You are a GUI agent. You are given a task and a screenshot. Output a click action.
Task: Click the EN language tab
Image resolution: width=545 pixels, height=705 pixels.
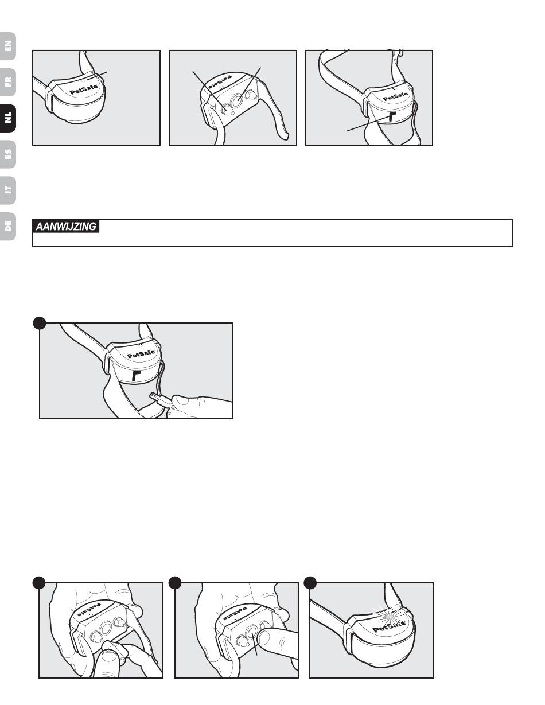pos(8,46)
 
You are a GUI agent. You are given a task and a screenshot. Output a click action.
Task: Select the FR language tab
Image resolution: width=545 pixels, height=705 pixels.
pos(8,82)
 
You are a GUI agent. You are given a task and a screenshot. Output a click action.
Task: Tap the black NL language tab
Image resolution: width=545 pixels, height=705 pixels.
pos(8,118)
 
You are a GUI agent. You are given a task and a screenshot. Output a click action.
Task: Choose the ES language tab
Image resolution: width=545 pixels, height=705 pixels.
pos(8,154)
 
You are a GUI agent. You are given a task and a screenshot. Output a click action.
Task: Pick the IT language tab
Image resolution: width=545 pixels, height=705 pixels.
pos(8,190)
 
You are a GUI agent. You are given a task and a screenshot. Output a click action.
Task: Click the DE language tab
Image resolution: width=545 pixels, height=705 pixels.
pos(8,226)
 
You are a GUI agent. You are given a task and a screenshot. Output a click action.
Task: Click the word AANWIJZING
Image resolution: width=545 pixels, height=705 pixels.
pos(66,226)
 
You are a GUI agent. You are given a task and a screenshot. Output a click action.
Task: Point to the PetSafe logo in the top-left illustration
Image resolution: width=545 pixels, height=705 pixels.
pos(84,90)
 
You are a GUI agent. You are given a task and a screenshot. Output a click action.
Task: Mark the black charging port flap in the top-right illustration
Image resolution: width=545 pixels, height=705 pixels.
pos(392,117)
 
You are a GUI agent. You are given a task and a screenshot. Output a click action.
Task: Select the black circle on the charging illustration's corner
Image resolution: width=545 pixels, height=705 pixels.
pos(40,323)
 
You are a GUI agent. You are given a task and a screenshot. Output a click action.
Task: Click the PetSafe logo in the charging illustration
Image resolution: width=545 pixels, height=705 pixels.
pos(141,354)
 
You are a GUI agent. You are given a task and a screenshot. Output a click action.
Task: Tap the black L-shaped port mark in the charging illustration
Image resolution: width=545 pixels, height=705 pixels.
pos(135,376)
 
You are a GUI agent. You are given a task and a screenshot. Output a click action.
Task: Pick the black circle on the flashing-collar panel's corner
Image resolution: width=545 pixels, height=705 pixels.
pos(310,582)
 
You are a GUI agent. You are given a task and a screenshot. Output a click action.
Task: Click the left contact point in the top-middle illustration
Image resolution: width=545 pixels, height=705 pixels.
pos(227,110)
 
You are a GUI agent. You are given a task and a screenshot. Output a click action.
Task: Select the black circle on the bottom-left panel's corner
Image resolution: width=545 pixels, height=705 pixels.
pos(39,582)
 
